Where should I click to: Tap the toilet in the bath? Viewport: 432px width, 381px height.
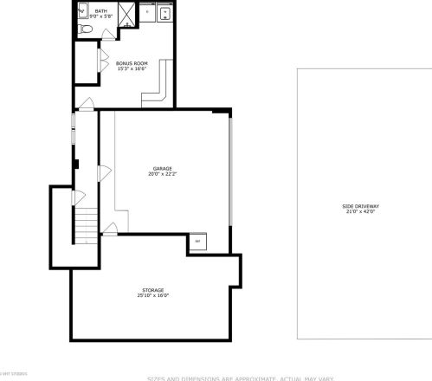click(x=85, y=29)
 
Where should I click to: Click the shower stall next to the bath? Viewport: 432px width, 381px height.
click(x=126, y=14)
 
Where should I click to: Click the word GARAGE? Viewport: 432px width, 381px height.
click(x=162, y=168)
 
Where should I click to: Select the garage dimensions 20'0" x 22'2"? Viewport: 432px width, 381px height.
click(x=162, y=173)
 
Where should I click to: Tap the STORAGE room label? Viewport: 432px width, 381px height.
click(x=152, y=289)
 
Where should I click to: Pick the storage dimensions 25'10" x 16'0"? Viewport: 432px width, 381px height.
click(x=152, y=295)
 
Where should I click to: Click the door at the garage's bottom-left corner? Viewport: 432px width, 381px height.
click(x=110, y=229)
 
